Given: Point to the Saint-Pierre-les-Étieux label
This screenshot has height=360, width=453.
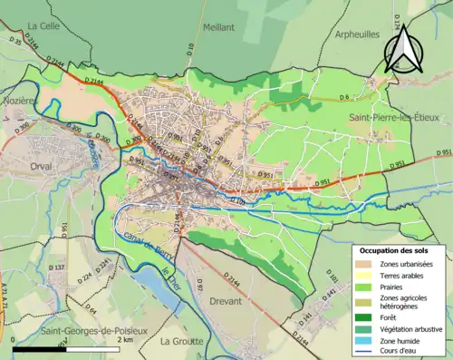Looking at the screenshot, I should pyautogui.click(x=392, y=118).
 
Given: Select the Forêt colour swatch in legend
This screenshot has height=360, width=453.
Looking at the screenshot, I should pyautogui.click(x=369, y=317).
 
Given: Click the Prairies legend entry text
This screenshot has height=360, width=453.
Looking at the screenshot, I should pyautogui.click(x=400, y=287).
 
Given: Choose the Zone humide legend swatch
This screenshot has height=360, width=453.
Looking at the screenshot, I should pyautogui.click(x=369, y=342).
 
